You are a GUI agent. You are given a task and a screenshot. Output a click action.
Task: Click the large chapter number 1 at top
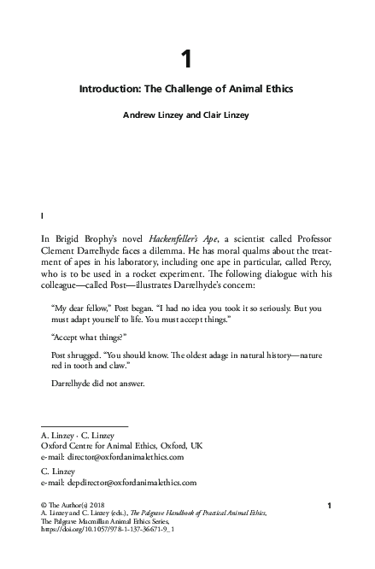click(x=187, y=59)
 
